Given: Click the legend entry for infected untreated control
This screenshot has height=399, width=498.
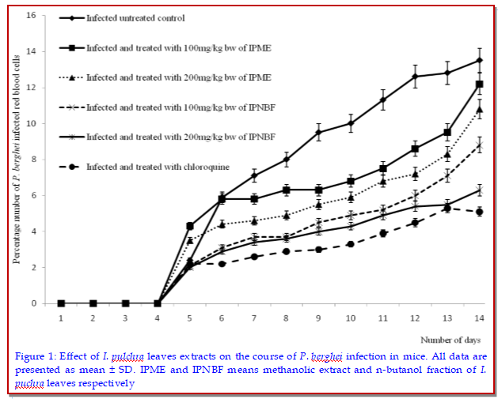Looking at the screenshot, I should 135,18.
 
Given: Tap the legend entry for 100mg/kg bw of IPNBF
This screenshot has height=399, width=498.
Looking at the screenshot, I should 174,107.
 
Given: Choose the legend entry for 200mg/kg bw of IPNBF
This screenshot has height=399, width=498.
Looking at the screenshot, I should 174,137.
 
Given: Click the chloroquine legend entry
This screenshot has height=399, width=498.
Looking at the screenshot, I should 150,167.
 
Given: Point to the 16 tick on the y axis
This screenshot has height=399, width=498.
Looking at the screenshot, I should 31,16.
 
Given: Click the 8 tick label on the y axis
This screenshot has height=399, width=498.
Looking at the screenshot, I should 33,160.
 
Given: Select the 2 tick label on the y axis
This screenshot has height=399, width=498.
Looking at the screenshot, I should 33,268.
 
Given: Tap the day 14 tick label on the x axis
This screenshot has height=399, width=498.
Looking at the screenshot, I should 479,318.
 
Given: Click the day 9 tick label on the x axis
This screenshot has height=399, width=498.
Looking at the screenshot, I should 318,318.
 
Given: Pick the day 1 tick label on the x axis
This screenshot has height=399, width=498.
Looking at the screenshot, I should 61,318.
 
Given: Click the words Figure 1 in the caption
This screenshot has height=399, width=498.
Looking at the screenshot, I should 35,356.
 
